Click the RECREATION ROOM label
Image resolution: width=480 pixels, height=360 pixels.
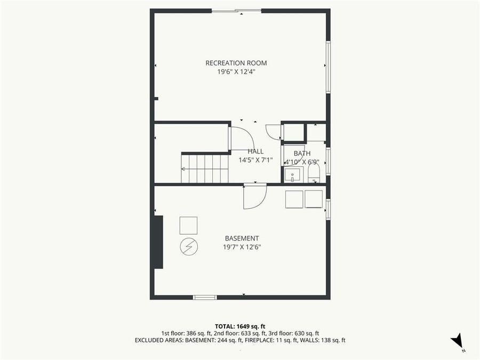point(236,63)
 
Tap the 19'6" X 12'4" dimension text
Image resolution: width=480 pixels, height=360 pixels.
point(236,72)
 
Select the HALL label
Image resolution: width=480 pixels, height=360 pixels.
point(255,151)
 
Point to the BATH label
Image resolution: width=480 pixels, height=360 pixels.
point(301,154)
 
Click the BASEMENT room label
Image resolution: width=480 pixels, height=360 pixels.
point(242,238)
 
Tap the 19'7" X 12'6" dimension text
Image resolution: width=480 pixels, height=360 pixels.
point(242,247)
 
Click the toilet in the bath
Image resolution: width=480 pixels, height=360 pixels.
point(314,172)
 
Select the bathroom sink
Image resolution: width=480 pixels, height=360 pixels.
point(293,175)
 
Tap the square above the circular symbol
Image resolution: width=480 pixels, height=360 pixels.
point(188,226)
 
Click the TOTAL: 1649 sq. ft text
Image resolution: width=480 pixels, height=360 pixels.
point(240,326)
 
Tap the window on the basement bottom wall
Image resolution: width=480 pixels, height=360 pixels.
point(204,297)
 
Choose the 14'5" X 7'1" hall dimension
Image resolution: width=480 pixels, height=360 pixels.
point(255,160)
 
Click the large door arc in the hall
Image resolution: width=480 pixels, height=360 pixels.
point(241,138)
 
